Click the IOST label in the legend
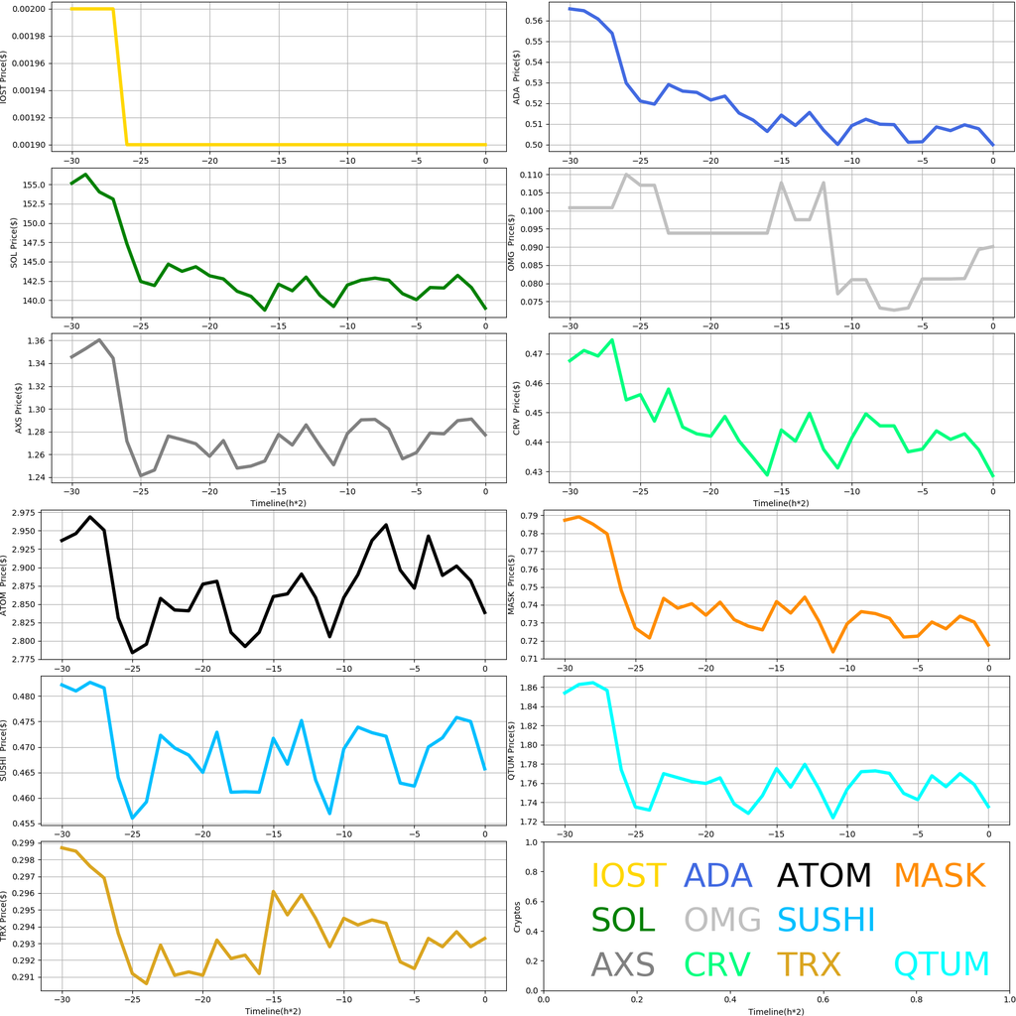[628, 876]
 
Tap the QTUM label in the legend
[942, 963]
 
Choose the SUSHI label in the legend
[825, 920]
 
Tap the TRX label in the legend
[809, 963]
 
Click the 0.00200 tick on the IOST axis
[32, 9]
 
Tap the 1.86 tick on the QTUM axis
[532, 688]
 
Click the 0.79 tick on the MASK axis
[532, 516]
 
